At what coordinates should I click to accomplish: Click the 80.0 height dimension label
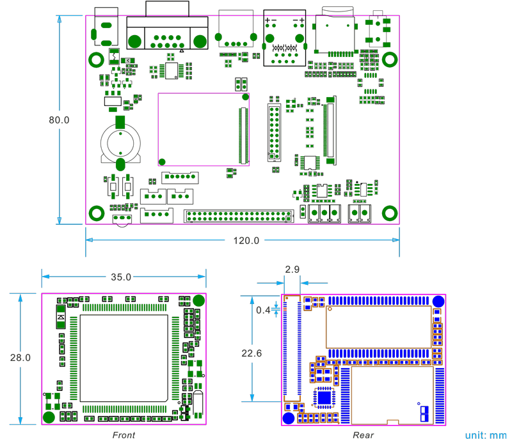pyautogui.click(x=59, y=119)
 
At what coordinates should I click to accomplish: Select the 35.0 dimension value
pyautogui.click(x=121, y=277)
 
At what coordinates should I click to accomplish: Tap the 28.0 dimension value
pyautogui.click(x=20, y=358)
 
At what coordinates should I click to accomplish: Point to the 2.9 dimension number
pyautogui.click(x=292, y=270)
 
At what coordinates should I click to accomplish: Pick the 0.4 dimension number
pyautogui.click(x=262, y=310)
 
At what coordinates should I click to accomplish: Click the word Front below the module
pyautogui.click(x=124, y=435)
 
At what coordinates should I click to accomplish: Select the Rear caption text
pyautogui.click(x=363, y=435)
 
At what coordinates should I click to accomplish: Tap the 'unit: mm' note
pyautogui.click(x=486, y=435)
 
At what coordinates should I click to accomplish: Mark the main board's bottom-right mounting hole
pyautogui.click(x=389, y=213)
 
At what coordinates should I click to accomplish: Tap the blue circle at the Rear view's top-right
pyautogui.click(x=438, y=302)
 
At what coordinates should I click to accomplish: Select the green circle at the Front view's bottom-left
pyautogui.click(x=49, y=417)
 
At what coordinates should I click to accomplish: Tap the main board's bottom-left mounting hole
pyautogui.click(x=97, y=213)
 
